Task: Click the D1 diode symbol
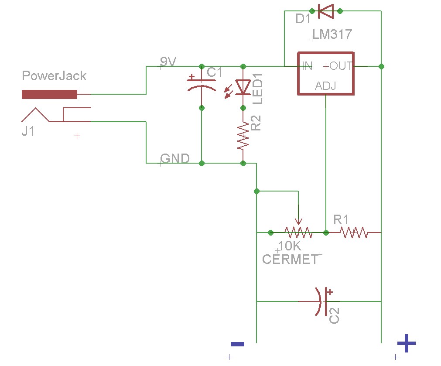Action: click(x=325, y=11)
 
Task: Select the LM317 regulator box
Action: click(x=325, y=73)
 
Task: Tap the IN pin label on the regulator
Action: click(x=307, y=66)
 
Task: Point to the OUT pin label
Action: click(x=341, y=66)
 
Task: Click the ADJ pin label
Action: click(x=325, y=86)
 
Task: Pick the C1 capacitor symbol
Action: click(x=201, y=84)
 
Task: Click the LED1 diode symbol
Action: click(x=243, y=87)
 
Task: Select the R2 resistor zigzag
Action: click(x=243, y=136)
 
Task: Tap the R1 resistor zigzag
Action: click(x=354, y=233)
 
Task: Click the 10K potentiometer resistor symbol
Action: click(x=298, y=233)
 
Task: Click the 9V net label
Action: click(x=168, y=62)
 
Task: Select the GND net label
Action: click(x=175, y=158)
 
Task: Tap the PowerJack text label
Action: click(x=54, y=76)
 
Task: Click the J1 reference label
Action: click(x=28, y=131)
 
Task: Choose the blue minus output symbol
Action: click(x=237, y=344)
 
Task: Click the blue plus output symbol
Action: click(x=406, y=344)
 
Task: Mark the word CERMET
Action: click(x=290, y=260)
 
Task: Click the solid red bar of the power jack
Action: click(x=49, y=94)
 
